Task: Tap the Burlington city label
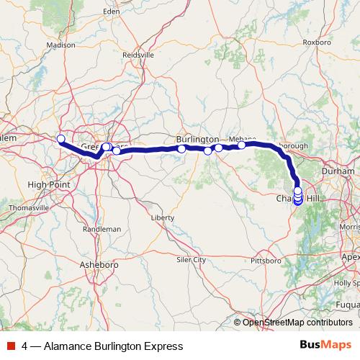[x=197, y=139]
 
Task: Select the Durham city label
[x=340, y=171]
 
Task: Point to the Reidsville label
[x=138, y=55]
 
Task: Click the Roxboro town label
[x=317, y=42]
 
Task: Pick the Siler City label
[x=192, y=259]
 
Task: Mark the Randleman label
[x=102, y=228]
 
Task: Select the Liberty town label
[x=163, y=217]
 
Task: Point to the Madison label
[x=60, y=45]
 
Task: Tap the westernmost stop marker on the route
[x=60, y=139]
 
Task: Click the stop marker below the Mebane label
[x=242, y=145]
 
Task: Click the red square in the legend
[x=11, y=346]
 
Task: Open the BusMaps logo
[x=325, y=346]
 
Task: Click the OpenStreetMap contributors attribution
[x=297, y=323]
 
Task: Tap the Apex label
[x=351, y=256]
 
